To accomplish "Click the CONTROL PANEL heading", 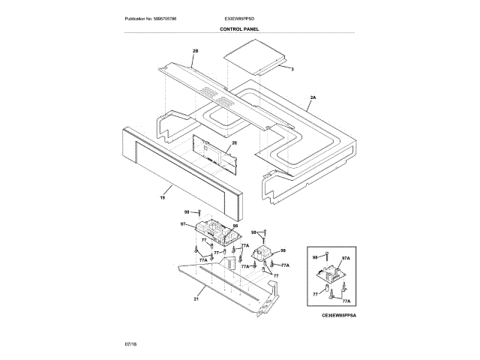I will coord(239,28).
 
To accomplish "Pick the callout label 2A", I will coord(313,97).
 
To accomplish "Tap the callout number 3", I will coord(292,69).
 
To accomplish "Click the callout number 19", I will coord(162,198).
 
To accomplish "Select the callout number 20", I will coord(234,142).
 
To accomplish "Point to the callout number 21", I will coord(196,298).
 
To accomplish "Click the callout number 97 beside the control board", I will coord(182,224).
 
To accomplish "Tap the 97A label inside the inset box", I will coord(346,258).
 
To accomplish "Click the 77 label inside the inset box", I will coord(315,294).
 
